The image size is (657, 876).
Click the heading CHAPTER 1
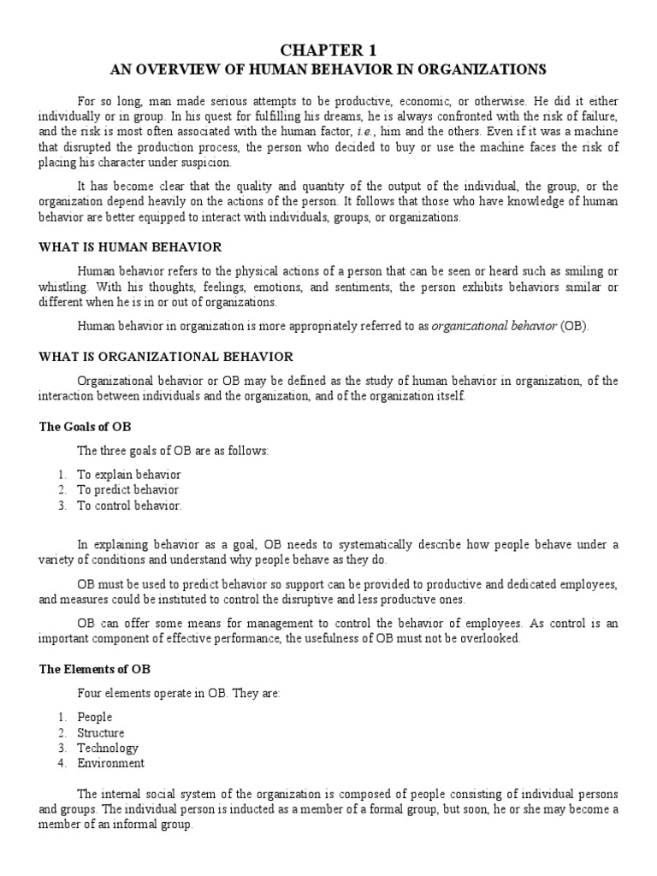[328, 50]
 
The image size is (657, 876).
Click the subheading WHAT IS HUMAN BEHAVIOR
[130, 247]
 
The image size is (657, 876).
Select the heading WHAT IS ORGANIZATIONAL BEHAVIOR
[166, 356]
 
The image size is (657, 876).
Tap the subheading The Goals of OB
[85, 426]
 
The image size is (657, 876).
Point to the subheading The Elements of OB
[95, 669]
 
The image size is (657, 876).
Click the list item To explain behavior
[129, 475]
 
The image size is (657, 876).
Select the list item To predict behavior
[128, 490]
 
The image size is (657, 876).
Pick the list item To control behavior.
[129, 506]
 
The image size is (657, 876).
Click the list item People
[95, 718]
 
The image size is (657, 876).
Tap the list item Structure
[101, 733]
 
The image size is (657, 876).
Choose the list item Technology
[108, 749]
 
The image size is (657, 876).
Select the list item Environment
[111, 764]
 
